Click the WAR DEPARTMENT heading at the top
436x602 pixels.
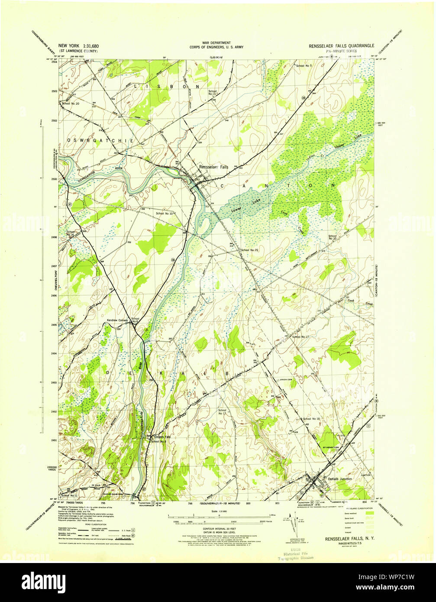coord(218,42)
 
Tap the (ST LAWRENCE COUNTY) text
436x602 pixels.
coord(78,51)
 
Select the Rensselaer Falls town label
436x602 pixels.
coord(213,167)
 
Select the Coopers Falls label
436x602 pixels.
coord(160,437)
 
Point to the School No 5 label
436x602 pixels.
coord(304,66)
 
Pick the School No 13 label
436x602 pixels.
coord(213,93)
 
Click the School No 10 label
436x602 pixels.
coord(165,214)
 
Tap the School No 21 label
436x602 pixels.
coord(250,250)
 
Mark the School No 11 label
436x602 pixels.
coord(69,495)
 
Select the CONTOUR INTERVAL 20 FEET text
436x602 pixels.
coord(218,529)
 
